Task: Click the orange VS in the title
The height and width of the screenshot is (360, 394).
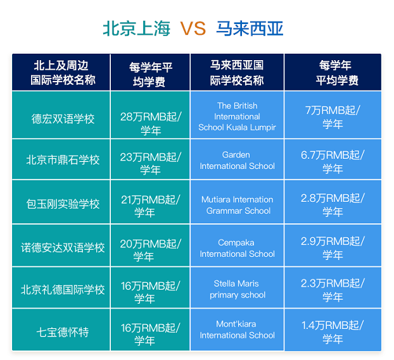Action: coord(193,28)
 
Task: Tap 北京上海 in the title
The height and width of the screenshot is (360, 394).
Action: coord(137,28)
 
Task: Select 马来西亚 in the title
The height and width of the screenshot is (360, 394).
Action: coord(250,28)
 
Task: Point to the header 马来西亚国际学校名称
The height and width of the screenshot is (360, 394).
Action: coord(237,73)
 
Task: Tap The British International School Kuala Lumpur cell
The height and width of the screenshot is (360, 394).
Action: coord(237,116)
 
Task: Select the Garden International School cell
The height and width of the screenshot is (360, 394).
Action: coord(237,160)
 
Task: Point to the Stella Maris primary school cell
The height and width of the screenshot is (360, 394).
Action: coord(237,289)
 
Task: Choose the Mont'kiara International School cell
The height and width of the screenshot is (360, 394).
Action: coord(237,330)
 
